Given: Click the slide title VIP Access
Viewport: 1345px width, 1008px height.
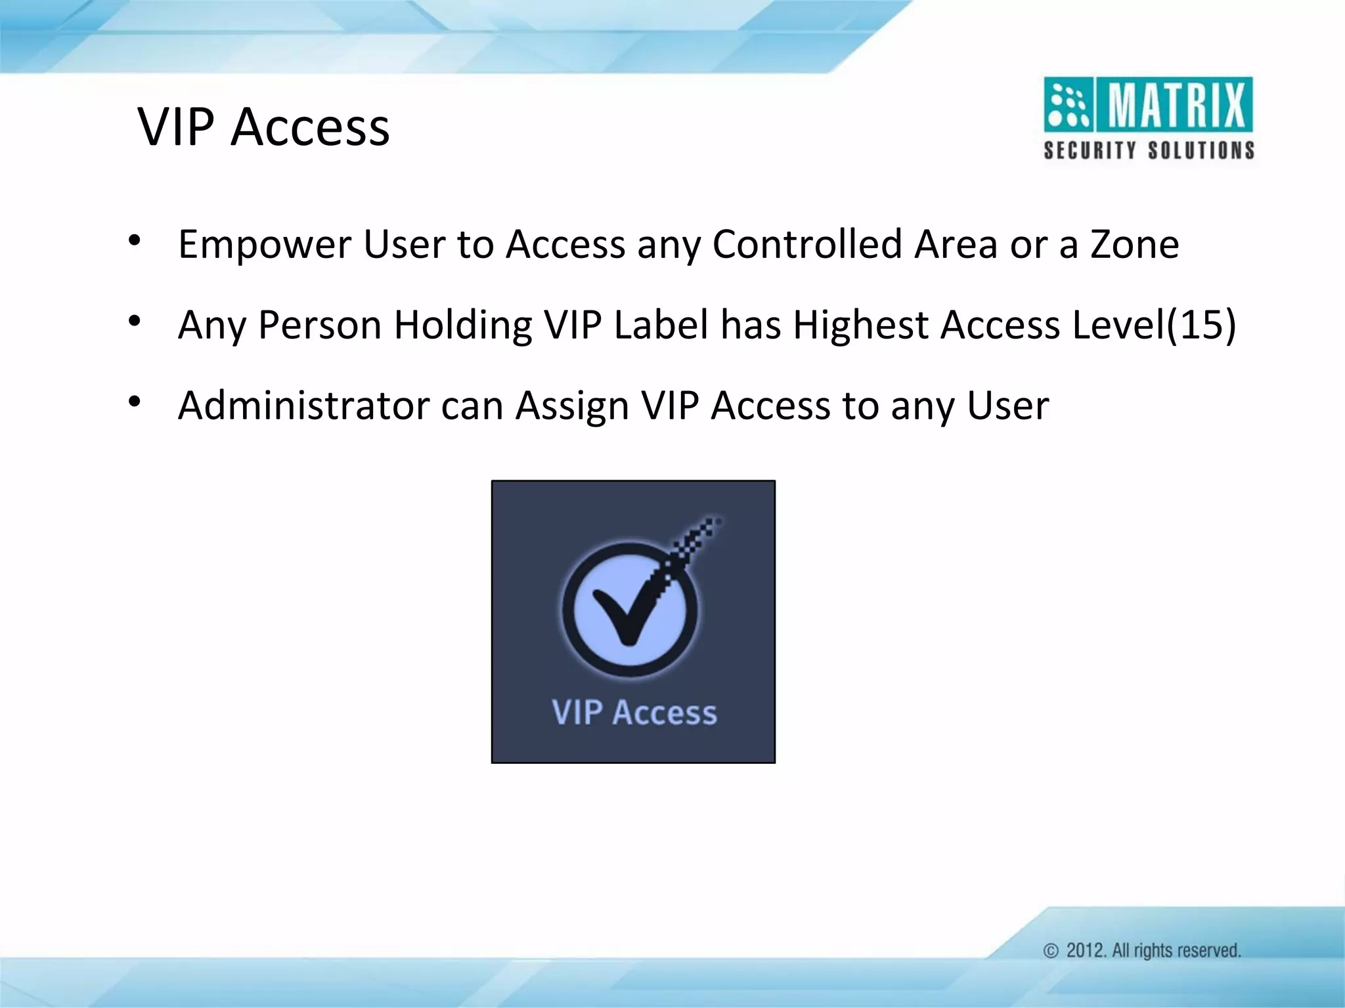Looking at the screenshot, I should (263, 127).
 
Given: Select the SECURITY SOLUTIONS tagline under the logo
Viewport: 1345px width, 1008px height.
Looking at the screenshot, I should (1149, 150).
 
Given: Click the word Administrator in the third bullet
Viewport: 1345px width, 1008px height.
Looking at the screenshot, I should (303, 406).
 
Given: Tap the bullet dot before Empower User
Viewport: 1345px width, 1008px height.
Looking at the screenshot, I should (135, 241).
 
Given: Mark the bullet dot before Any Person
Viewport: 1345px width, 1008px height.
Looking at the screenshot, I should (135, 322).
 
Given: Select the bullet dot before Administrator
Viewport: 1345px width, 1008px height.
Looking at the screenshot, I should (135, 402).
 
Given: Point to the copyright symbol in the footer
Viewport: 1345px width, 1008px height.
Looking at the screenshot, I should (1051, 951).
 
